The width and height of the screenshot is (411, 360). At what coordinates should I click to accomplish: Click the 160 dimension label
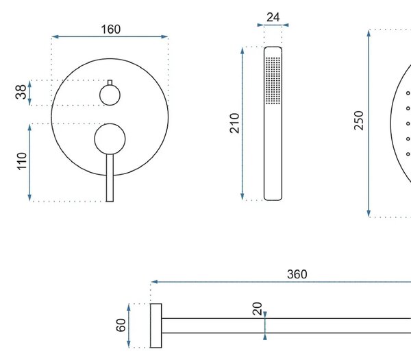coord(111,29)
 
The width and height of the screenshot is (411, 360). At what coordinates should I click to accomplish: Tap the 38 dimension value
coord(21,92)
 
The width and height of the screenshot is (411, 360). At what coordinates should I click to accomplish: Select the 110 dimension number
coord(22,161)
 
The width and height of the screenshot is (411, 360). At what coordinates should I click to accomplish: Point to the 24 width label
coord(273,17)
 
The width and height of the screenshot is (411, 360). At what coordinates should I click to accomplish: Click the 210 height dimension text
coord(234,123)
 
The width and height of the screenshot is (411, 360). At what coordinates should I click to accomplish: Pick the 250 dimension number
coord(359,121)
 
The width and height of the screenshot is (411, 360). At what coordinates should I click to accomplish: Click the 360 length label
coord(297,274)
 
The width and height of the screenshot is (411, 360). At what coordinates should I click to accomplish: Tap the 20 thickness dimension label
coord(257,309)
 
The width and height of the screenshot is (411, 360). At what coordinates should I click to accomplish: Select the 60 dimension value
coord(121,325)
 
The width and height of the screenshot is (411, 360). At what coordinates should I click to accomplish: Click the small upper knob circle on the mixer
coord(110,95)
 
